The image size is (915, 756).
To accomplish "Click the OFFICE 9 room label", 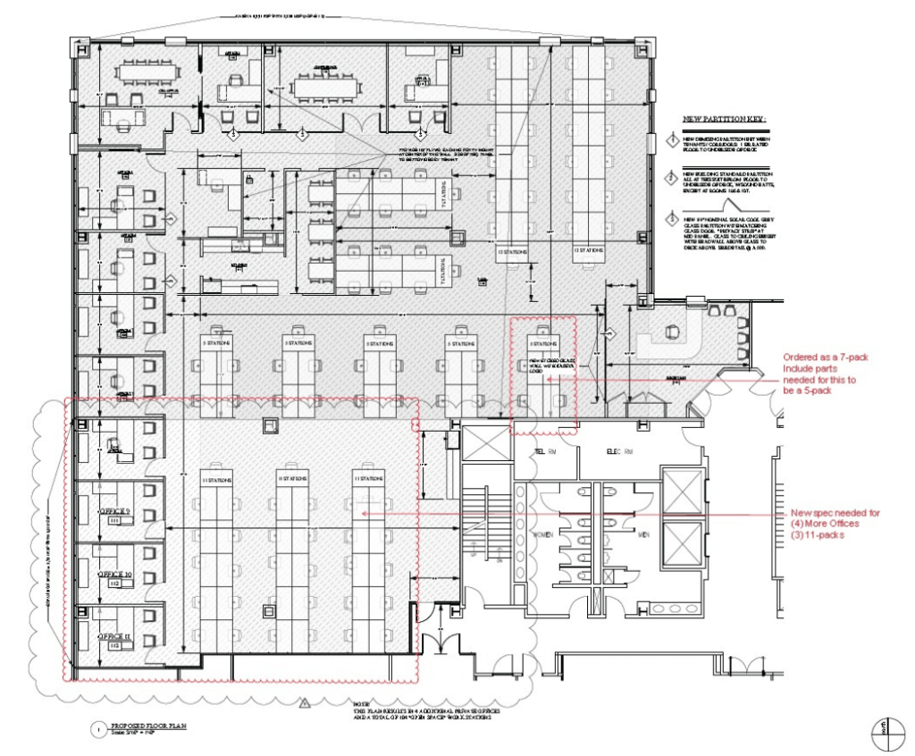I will [115, 510].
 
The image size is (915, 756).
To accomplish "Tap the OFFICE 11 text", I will [115, 635].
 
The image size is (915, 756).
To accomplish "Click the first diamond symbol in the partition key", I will [673, 141].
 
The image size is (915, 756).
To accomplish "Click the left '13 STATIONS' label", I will [513, 252].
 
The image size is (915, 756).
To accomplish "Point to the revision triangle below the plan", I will [305, 704].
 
